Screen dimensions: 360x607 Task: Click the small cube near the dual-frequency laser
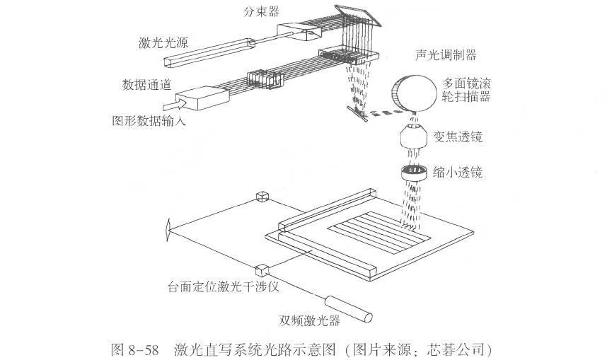pyautogui.click(x=262, y=269)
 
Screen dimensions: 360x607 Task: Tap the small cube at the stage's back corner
pyautogui.click(x=262, y=197)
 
